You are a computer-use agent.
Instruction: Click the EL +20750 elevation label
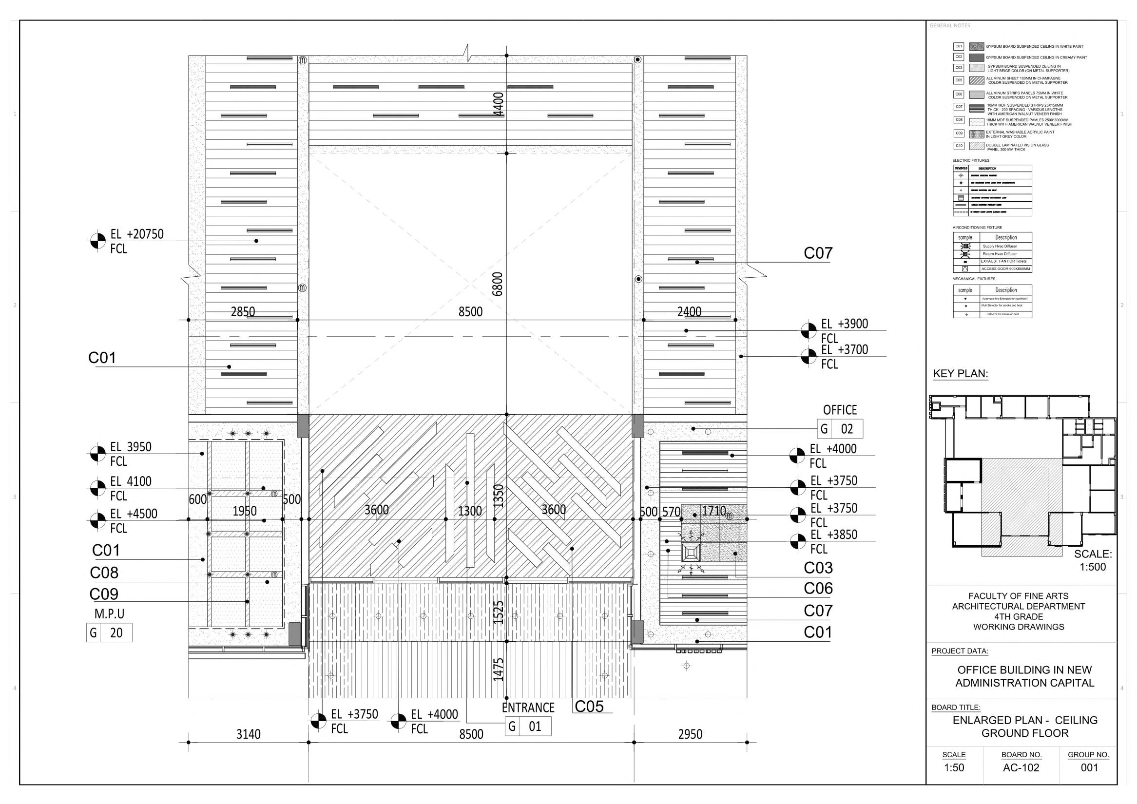(x=136, y=234)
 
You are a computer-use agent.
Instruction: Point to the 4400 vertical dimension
(x=498, y=104)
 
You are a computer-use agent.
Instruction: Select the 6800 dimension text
(x=497, y=284)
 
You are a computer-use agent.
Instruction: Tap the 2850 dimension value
(x=243, y=312)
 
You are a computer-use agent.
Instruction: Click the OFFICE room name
(x=840, y=410)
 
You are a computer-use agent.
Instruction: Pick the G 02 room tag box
(x=840, y=429)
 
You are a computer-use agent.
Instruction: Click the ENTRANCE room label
(x=528, y=708)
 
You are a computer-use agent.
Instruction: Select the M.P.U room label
(x=110, y=614)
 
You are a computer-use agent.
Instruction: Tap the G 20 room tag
(x=110, y=632)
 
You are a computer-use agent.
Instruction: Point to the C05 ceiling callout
(x=589, y=706)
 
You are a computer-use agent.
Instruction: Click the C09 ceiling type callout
(x=104, y=594)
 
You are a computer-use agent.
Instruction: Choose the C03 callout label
(x=818, y=568)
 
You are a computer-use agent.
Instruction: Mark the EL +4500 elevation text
(x=134, y=514)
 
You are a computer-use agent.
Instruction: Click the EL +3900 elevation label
(x=844, y=324)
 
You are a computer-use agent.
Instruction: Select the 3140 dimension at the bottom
(x=248, y=734)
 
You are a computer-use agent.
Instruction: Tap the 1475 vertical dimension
(x=498, y=669)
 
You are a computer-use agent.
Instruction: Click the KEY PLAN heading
(x=960, y=374)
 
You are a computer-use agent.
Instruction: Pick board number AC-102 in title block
(x=1021, y=768)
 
